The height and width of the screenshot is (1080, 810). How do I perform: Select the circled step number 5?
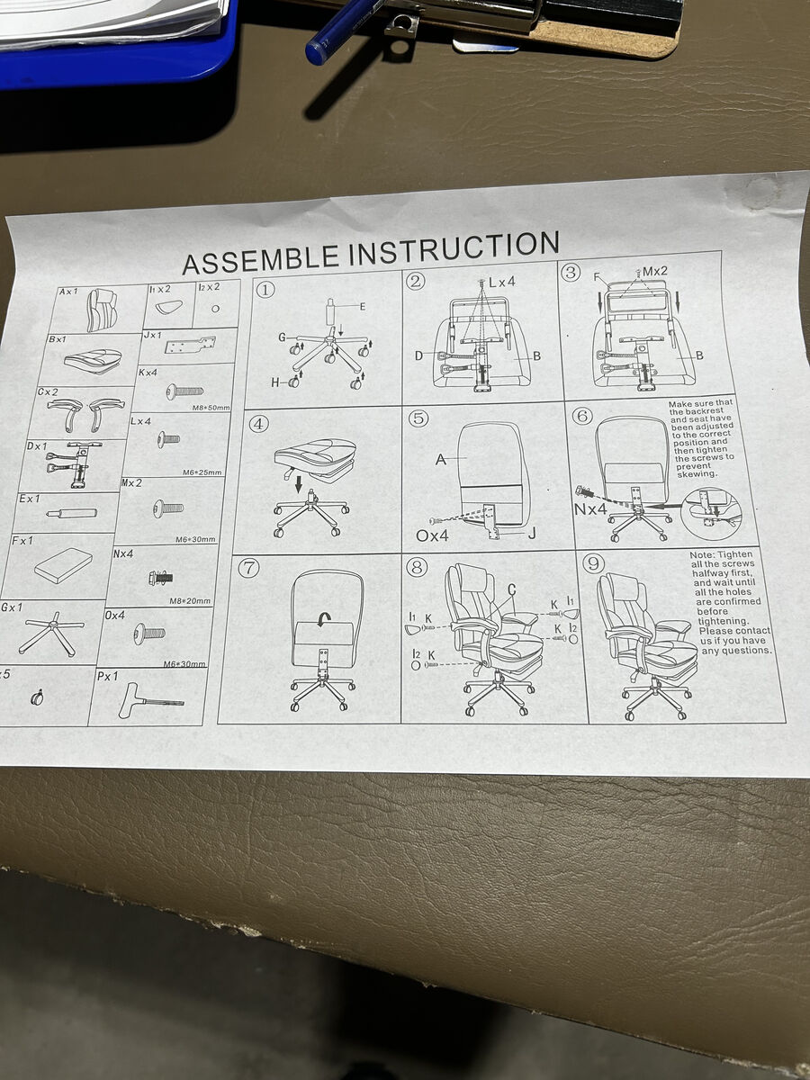pos(417,418)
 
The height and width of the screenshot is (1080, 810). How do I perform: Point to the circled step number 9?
pos(594,564)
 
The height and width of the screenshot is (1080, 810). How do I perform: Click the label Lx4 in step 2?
pos(500,282)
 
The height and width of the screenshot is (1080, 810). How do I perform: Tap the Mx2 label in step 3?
pos(657,270)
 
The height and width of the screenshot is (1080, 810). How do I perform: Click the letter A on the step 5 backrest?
pos(441,460)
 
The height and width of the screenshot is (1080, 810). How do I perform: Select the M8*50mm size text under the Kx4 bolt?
pos(211,408)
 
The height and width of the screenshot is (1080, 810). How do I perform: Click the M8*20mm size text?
pos(192,601)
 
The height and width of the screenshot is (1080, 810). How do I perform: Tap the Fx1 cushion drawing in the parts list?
pos(63,563)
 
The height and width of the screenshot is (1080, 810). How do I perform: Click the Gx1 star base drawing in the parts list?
pos(51,632)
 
